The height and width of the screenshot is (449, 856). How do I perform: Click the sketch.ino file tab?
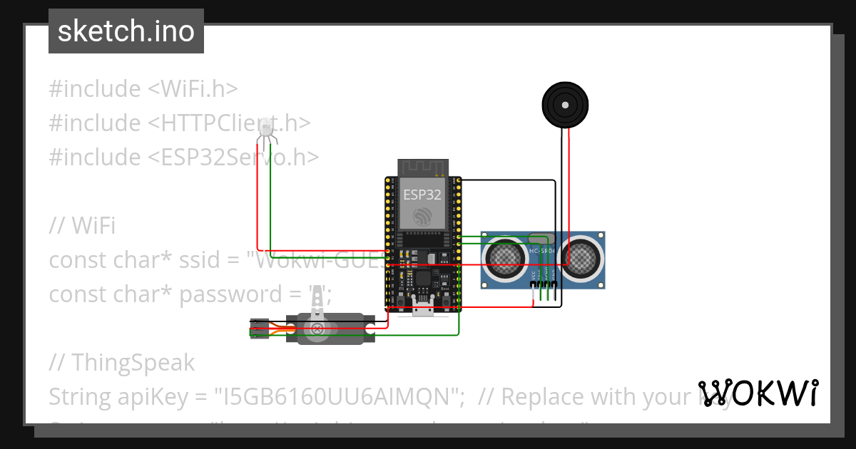pos(126,31)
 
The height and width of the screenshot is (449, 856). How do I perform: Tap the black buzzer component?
pos(565,105)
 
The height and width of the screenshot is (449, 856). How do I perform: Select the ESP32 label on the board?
pos(422,194)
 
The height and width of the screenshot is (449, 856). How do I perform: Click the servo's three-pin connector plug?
pos(258,329)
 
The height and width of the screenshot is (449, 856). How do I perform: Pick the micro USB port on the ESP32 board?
pos(423,309)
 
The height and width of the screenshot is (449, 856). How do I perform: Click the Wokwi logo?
pos(758,393)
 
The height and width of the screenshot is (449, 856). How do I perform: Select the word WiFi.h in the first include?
pos(199,89)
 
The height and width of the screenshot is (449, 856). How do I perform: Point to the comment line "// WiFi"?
pos(82,226)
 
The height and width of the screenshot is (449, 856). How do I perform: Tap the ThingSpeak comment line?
pos(122,362)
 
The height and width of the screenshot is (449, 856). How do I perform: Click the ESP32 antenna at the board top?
pos(422,168)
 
